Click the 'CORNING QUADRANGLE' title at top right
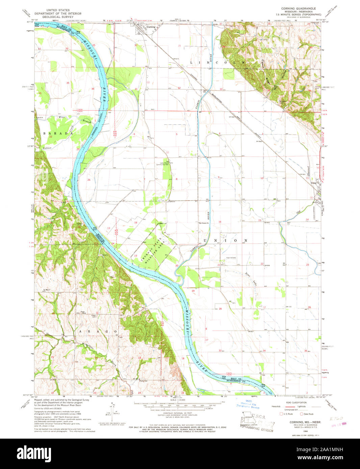(x=299, y=8)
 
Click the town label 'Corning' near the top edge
(x=151, y=27)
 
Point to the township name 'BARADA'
(x=58, y=133)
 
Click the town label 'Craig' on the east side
(x=314, y=183)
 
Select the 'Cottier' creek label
(x=47, y=148)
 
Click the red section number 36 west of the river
(x=93, y=89)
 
